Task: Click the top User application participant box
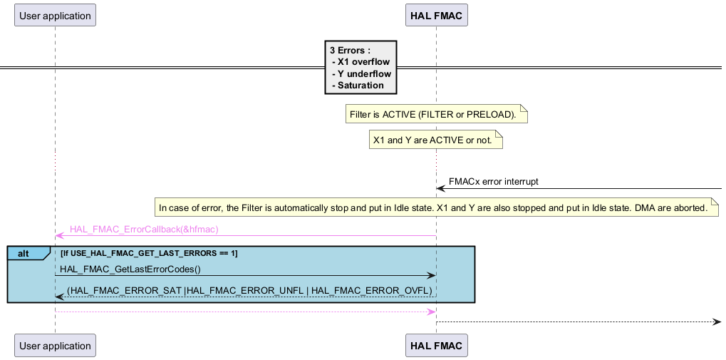tap(55, 15)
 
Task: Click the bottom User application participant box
tap(55, 346)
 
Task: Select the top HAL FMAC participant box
tap(436, 15)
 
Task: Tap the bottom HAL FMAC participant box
tap(436, 346)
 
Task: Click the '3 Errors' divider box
tap(360, 68)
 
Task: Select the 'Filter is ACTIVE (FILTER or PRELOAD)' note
tap(436, 114)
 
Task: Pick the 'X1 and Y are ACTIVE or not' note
tap(435, 140)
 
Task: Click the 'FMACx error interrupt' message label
tap(493, 181)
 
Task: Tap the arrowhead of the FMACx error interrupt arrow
tap(440, 188)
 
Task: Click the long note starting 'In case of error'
tap(436, 208)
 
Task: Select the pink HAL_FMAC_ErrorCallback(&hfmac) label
tap(144, 230)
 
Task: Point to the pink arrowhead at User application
tap(59, 235)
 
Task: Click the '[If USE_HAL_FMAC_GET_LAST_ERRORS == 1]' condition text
tap(149, 254)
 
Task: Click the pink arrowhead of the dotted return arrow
tap(432, 312)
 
